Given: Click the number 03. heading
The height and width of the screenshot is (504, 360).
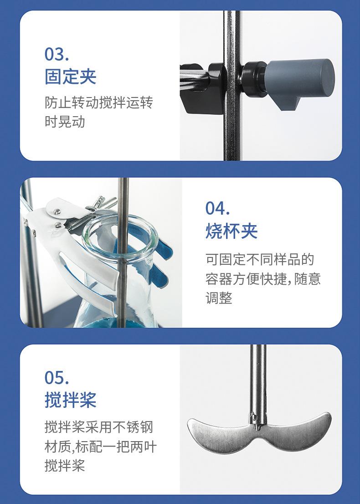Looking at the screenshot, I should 57,54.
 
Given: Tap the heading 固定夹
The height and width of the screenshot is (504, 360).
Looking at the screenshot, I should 71,76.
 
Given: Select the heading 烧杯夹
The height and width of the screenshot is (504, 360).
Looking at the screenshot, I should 231,231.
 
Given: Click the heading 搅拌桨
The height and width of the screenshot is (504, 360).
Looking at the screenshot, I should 71,400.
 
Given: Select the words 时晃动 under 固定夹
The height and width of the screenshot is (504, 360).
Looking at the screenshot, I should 65,122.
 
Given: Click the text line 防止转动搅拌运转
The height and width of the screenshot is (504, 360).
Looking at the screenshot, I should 98,102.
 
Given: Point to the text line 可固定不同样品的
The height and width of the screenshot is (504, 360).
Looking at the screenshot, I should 260,260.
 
